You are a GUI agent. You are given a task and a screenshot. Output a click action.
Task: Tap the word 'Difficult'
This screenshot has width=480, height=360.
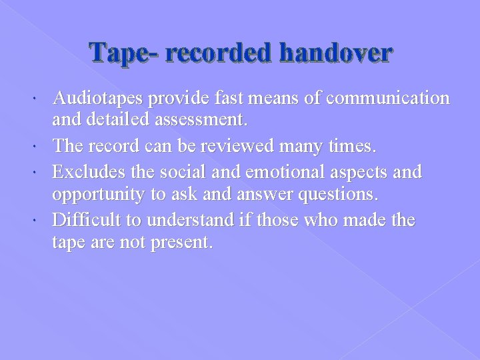coord(84,220)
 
